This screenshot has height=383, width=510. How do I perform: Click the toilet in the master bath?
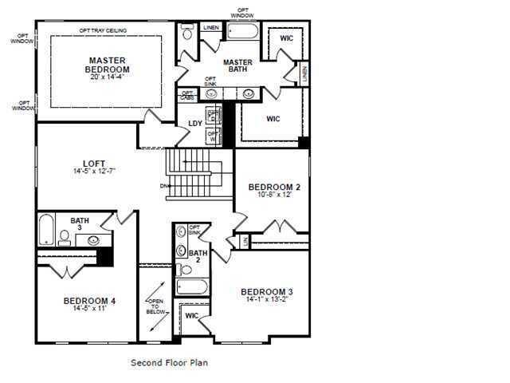(x=187, y=33)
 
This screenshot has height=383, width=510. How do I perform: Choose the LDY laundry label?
(x=195, y=123)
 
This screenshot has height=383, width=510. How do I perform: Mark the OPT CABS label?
(x=186, y=94)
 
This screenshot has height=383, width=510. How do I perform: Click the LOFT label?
(x=94, y=164)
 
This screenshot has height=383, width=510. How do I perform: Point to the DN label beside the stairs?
(x=164, y=187)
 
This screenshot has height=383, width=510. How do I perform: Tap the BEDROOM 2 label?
(x=273, y=187)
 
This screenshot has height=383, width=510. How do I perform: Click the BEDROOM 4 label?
(x=89, y=301)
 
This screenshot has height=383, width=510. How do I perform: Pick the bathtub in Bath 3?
(x=45, y=229)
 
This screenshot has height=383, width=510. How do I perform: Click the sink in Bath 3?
(x=94, y=239)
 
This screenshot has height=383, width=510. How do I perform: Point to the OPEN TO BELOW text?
(x=155, y=306)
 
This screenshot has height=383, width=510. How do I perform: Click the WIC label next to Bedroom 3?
(x=191, y=316)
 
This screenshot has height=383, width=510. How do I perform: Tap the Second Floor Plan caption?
(x=169, y=362)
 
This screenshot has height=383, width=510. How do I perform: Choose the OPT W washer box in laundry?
(x=213, y=136)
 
